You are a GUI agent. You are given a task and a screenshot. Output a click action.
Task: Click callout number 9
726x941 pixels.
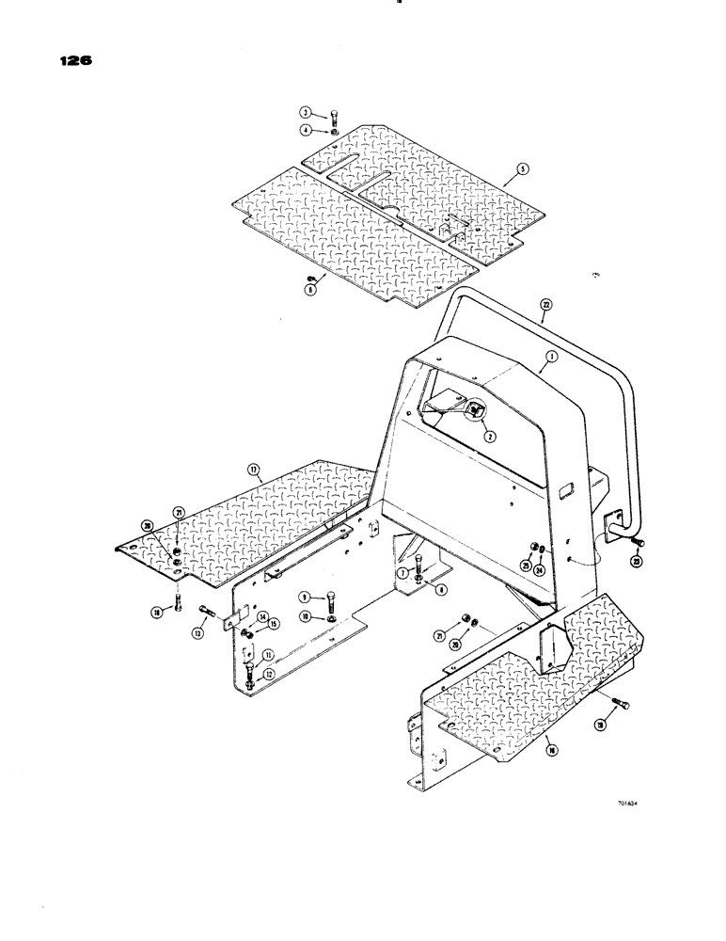click(306, 597)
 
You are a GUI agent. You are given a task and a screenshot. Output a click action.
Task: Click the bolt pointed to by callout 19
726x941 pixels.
click(623, 706)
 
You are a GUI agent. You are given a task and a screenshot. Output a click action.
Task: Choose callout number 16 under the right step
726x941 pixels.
click(549, 750)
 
